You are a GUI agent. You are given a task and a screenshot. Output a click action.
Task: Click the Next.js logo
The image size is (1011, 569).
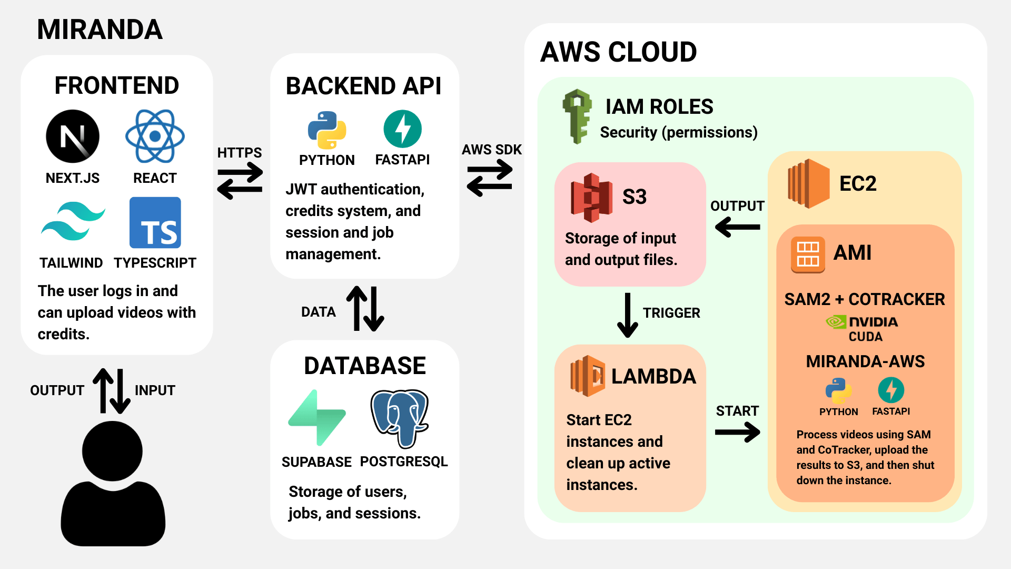pyautogui.click(x=73, y=136)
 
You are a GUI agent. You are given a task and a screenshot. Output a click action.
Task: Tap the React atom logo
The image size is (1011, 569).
pyautogui.click(x=155, y=136)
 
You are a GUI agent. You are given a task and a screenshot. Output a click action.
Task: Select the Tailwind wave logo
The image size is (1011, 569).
pyautogui.click(x=73, y=221)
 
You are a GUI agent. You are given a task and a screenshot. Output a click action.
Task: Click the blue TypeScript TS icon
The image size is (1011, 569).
pyautogui.click(x=155, y=223)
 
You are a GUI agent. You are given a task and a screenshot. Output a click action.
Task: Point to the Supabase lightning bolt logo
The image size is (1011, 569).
pyautogui.click(x=317, y=418)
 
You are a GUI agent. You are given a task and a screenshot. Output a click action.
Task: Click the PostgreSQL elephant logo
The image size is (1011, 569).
pyautogui.click(x=400, y=418)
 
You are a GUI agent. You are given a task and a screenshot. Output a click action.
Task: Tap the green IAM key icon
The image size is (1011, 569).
pyautogui.click(x=577, y=116)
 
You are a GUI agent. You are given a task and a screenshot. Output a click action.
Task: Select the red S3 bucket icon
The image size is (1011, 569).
pyautogui.click(x=591, y=198)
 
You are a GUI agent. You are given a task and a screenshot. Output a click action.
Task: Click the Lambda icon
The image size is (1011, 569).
pyautogui.click(x=588, y=376)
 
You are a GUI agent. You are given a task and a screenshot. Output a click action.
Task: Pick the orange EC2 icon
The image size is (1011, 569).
pyautogui.click(x=809, y=183)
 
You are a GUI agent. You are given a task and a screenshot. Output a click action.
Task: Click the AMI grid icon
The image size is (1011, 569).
pyautogui.click(x=808, y=254)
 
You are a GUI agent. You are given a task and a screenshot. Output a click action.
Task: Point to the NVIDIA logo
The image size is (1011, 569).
pyautogui.click(x=862, y=321)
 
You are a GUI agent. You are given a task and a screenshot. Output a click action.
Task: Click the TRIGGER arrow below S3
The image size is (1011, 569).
pyautogui.click(x=627, y=315)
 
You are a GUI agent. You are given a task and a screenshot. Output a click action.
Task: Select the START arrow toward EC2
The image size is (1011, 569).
pyautogui.click(x=737, y=433)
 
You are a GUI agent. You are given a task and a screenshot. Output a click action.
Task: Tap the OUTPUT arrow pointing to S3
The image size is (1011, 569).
pyautogui.click(x=737, y=227)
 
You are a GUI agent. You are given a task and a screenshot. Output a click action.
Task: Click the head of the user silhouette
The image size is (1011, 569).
pyautogui.click(x=112, y=451)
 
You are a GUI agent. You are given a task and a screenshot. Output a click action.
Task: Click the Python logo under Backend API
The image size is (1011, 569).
pyautogui.click(x=327, y=130)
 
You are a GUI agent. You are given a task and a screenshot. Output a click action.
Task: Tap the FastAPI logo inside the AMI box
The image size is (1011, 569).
pyautogui.click(x=891, y=390)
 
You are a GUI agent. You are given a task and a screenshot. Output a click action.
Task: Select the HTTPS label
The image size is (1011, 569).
pyautogui.click(x=240, y=153)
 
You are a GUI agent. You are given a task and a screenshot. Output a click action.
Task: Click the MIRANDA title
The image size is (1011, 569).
pyautogui.click(x=100, y=30)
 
